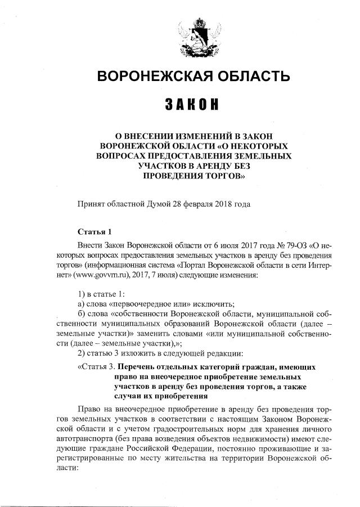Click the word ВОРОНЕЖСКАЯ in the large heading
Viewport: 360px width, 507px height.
(x=154, y=75)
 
